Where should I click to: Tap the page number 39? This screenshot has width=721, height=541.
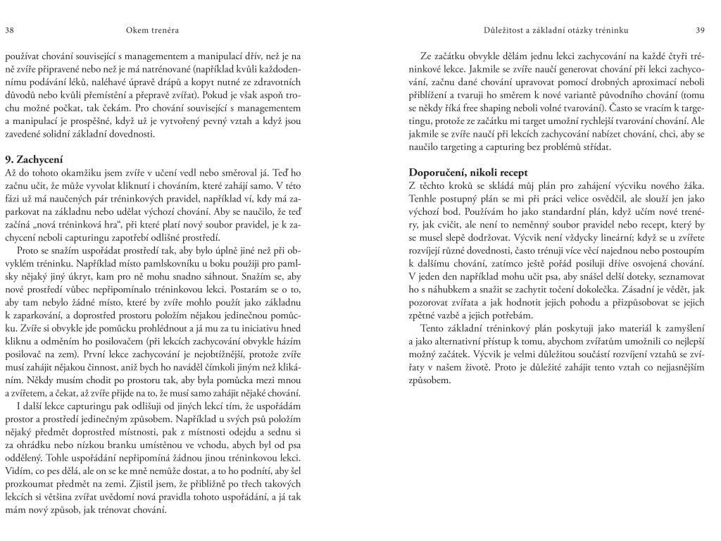click(x=701, y=30)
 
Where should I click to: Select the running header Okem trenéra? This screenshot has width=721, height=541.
click(x=151, y=30)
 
